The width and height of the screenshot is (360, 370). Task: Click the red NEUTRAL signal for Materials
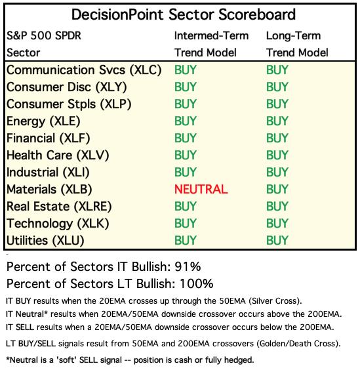click(201, 189)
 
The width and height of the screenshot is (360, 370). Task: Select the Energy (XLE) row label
click(43, 121)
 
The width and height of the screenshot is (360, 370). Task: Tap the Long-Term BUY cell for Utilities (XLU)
click(277, 241)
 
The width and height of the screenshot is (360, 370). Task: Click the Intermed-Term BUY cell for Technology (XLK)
click(185, 223)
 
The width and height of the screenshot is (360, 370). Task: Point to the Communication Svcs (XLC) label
click(84, 70)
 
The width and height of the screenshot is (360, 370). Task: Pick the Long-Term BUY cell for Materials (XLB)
click(277, 189)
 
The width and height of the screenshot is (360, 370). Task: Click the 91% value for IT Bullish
click(188, 266)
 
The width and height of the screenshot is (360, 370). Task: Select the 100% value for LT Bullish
click(197, 283)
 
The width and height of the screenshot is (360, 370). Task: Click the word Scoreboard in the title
click(256, 14)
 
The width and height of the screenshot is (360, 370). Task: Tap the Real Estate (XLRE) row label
click(59, 207)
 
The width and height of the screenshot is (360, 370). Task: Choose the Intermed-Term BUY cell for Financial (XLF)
click(185, 138)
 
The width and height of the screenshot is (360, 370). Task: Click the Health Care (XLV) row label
click(58, 155)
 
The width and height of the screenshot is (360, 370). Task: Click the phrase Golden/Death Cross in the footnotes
click(296, 344)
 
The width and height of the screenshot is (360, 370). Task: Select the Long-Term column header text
click(294, 36)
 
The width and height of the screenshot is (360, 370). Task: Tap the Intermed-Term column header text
click(211, 36)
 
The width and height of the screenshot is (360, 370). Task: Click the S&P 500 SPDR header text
click(44, 36)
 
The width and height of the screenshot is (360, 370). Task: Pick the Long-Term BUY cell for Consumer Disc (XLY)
click(277, 87)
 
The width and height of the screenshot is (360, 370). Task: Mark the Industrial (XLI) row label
click(48, 173)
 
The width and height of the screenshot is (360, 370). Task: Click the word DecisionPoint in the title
click(118, 14)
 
